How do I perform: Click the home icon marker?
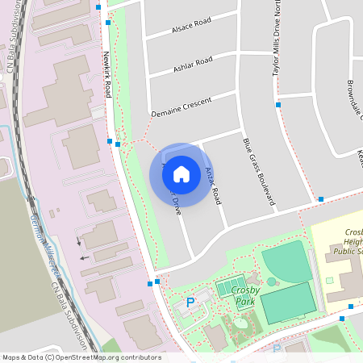coord(181,173)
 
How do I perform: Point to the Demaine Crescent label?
coord(181,107)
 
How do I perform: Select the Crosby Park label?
coord(243,295)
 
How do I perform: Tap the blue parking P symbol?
coord(190,302)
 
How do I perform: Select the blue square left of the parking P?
coord(150,284)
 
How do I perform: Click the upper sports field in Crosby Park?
coord(286,262)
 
